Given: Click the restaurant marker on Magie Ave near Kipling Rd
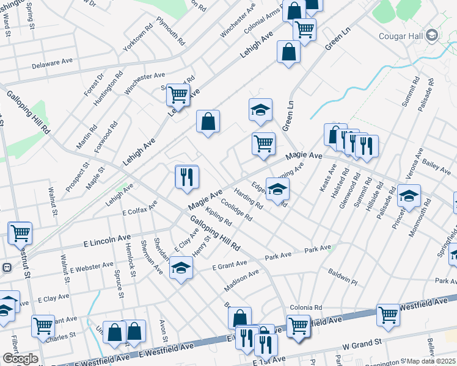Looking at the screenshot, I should (x=187, y=176).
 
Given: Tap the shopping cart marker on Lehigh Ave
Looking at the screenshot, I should (x=178, y=94).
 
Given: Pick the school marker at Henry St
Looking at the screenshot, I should (x=181, y=268).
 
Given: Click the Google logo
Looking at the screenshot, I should (x=21, y=359).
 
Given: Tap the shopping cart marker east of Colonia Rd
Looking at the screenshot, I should (x=388, y=315).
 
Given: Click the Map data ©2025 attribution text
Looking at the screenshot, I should (x=431, y=361).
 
